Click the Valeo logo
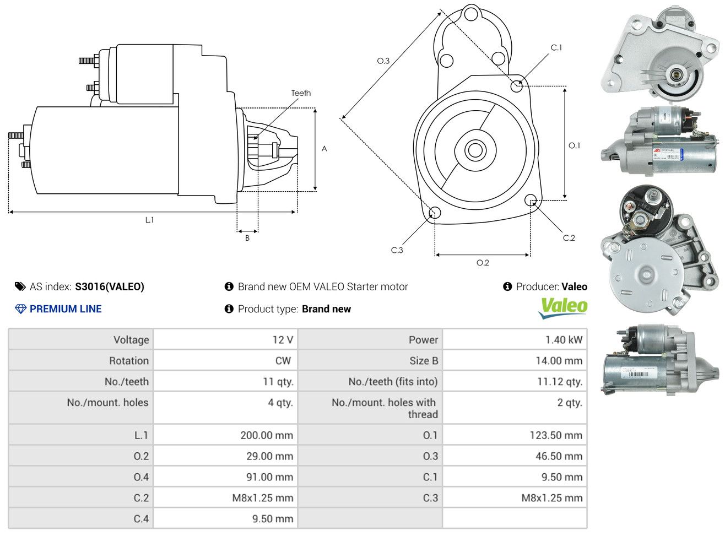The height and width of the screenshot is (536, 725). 563,307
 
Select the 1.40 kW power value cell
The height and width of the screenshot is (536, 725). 564,340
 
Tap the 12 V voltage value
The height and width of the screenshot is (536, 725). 283,340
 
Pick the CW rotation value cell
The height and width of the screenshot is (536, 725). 283,361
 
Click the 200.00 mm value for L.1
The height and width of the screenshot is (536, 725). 267,435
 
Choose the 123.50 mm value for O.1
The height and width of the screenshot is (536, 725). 556,435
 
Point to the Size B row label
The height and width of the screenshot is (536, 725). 424,361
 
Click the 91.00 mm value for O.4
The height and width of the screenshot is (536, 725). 269,477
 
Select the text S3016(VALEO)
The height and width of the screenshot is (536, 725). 110,286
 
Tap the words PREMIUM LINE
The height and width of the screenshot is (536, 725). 66,309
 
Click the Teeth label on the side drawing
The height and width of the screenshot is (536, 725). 301,93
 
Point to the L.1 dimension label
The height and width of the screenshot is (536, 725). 149,220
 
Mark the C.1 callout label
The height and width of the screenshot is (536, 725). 556,48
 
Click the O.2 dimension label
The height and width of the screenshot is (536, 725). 483,263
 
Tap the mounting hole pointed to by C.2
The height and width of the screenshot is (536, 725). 531,199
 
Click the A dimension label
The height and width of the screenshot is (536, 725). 324,149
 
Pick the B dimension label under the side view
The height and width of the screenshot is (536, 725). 247,238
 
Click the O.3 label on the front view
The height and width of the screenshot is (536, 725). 383,61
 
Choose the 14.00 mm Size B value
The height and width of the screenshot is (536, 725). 559,361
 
